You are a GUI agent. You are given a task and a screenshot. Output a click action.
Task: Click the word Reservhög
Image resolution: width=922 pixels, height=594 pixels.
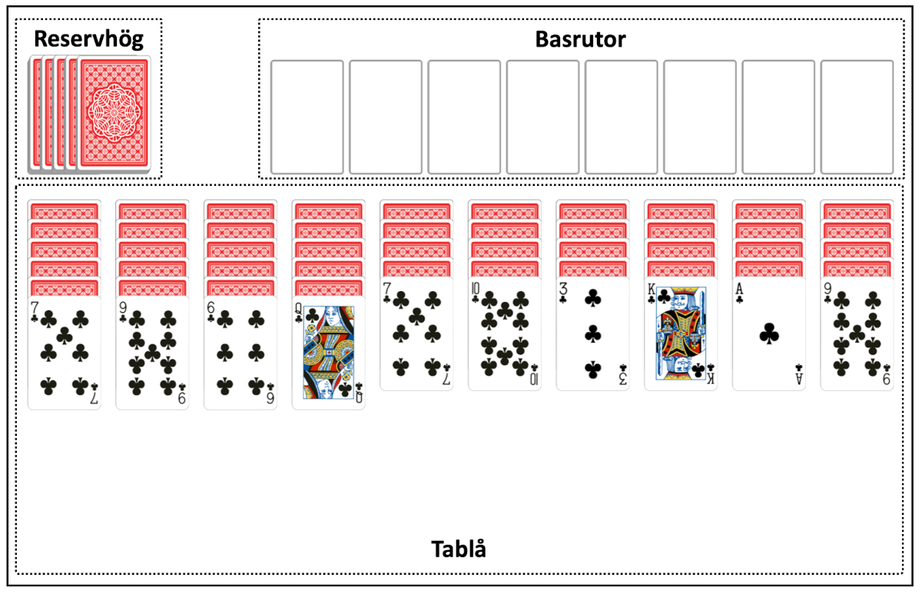point(88,39)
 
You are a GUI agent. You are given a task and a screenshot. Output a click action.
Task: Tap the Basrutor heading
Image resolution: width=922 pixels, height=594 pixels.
point(580,39)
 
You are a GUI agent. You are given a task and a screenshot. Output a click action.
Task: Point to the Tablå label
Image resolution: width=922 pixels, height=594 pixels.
point(459,549)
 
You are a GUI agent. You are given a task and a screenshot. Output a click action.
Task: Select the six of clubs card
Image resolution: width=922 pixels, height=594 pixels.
point(240,353)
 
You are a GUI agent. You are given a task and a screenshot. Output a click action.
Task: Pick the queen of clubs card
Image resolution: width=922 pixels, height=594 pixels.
point(329,353)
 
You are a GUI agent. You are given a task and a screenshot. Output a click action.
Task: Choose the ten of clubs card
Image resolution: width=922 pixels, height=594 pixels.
point(505,334)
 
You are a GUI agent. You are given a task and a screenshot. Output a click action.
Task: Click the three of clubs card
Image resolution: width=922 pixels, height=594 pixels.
point(592,334)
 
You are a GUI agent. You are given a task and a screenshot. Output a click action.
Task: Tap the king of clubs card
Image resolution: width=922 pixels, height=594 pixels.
point(681,334)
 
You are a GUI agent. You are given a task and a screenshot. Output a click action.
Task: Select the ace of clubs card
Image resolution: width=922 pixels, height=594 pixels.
point(769,334)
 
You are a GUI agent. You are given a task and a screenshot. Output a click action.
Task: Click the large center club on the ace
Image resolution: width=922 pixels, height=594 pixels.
point(769,334)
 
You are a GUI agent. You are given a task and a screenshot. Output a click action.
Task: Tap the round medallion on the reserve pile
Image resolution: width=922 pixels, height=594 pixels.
point(114,113)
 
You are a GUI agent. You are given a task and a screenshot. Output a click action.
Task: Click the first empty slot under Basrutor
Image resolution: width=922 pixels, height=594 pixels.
point(307,117)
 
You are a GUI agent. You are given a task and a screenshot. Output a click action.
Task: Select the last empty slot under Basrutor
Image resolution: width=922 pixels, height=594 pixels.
point(857,117)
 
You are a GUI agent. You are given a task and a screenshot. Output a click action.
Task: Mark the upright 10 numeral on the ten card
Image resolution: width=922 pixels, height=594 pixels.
point(476,289)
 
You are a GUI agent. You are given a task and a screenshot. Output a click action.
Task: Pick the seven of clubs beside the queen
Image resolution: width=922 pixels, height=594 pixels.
point(416,334)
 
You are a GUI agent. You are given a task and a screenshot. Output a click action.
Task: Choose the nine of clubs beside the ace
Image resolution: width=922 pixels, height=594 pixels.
point(857,334)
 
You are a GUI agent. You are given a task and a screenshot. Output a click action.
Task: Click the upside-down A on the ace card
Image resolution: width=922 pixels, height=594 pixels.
point(798,379)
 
